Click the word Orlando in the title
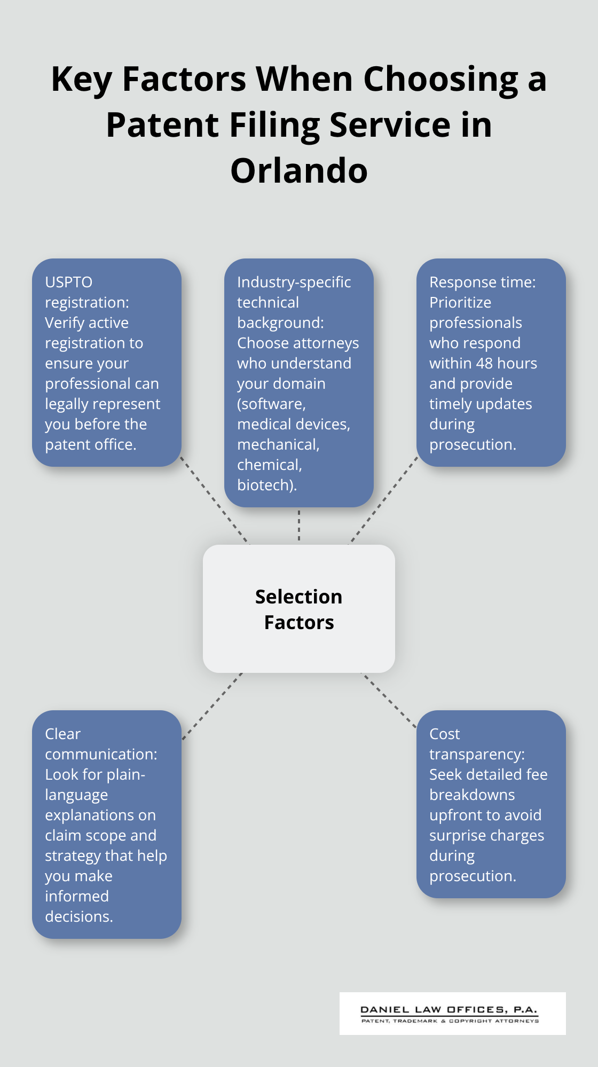point(299,171)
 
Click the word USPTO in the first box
point(68,282)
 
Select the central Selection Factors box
point(299,609)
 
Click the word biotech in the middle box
point(265,485)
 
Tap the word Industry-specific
point(294,282)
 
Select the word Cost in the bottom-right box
point(444,734)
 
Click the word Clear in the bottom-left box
point(62,734)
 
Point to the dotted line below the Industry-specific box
point(299,525)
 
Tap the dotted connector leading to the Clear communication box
point(213,706)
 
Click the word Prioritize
point(460,302)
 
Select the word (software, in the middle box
point(271,404)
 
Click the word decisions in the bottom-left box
point(78,916)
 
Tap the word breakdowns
point(472,795)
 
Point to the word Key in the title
point(81,79)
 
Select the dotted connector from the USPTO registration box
point(215,500)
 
